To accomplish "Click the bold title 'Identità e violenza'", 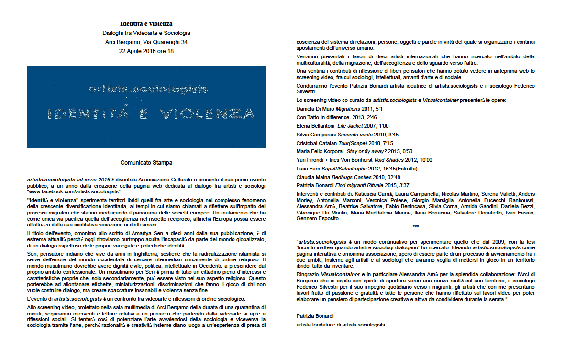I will point(146,23).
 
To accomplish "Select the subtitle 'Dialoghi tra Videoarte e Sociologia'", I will point(146,33).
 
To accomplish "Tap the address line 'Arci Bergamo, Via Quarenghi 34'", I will point(146,42).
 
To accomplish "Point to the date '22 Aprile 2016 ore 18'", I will point(146,51).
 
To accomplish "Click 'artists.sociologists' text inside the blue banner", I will point(148,89).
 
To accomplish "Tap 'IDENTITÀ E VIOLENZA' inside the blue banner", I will point(151,114).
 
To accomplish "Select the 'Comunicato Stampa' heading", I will point(146,163).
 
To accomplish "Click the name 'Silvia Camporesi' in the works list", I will point(316,135).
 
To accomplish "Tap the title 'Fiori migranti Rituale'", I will point(361,185).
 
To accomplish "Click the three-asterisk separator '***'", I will point(415,226).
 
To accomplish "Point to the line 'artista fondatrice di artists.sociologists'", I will point(341,325).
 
